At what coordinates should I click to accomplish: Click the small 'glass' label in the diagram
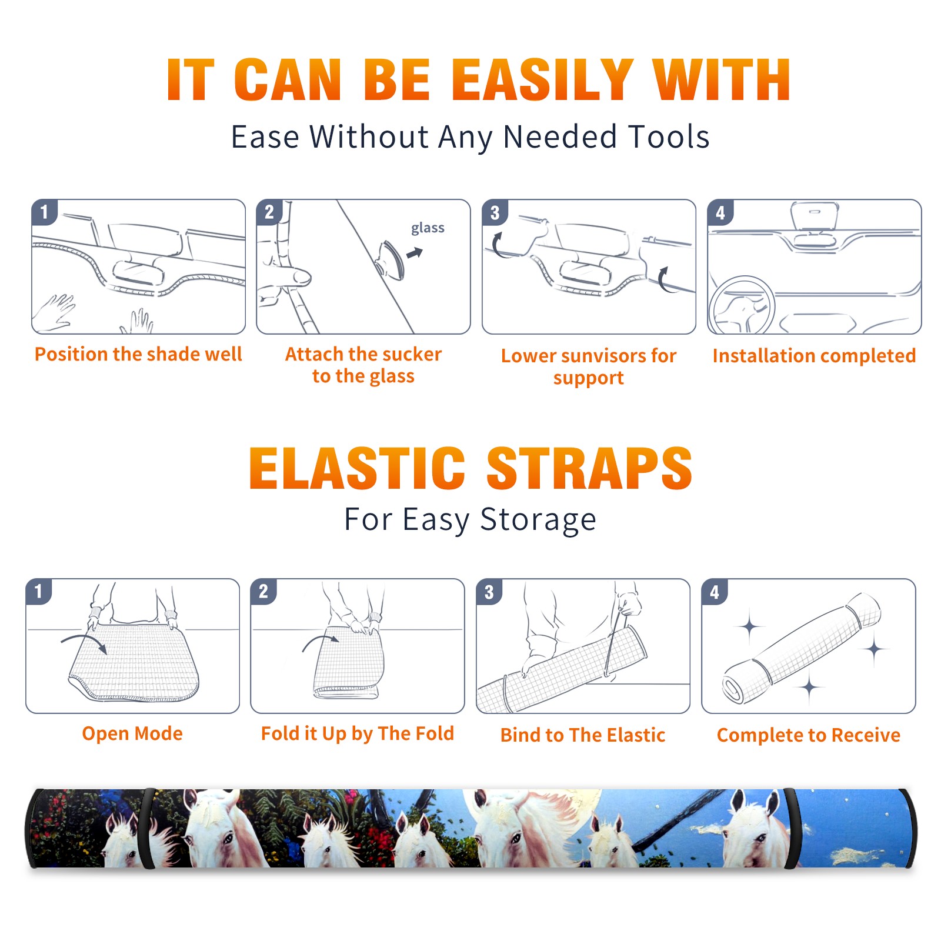click(428, 228)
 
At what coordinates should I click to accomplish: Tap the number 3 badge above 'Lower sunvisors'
click(495, 212)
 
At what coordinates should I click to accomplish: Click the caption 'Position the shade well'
click(138, 354)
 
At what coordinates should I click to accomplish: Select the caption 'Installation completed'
click(814, 356)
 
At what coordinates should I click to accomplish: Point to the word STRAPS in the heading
click(589, 468)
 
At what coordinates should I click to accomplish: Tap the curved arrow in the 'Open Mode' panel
click(84, 642)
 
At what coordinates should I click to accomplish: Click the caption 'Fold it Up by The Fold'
click(358, 733)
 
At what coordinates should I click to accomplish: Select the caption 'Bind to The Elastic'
click(583, 735)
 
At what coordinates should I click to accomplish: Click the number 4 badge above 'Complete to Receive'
click(715, 592)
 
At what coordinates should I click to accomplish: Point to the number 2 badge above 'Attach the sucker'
click(269, 212)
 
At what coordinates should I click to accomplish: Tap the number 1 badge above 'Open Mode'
click(39, 592)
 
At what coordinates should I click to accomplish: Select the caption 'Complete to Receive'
click(809, 735)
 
